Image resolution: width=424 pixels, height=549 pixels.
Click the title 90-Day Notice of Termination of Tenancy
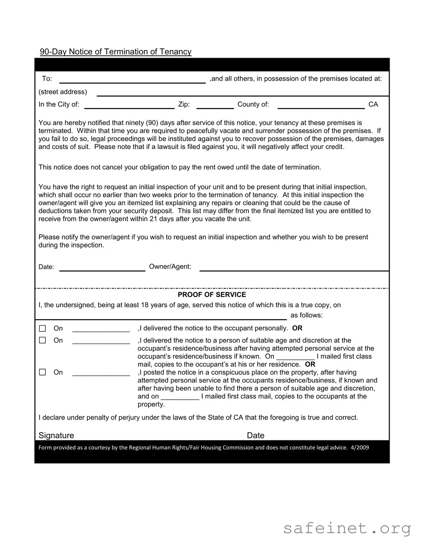[x=115, y=52]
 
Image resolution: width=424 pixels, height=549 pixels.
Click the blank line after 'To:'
[x=132, y=79]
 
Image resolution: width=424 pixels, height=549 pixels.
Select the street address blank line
[x=243, y=92]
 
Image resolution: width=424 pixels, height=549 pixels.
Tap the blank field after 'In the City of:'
[x=129, y=105]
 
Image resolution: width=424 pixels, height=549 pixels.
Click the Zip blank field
[x=215, y=105]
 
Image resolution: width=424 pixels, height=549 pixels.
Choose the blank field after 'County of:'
[x=321, y=105]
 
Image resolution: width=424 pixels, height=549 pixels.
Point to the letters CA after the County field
[x=373, y=105]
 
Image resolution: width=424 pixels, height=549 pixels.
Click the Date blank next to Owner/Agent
[x=102, y=267]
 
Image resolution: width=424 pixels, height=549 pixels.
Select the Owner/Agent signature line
[x=294, y=267]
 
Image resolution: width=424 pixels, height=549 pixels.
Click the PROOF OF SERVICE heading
[x=212, y=295]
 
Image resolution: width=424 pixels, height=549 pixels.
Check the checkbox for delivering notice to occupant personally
[x=43, y=329]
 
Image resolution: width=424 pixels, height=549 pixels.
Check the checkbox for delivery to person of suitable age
[x=43, y=340]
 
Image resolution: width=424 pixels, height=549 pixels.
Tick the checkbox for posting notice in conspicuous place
[x=43, y=372]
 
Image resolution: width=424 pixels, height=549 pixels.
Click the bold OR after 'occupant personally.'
[x=297, y=328]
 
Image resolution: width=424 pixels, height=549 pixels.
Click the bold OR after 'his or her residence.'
[x=310, y=364]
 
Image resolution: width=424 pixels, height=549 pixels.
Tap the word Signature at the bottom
[x=56, y=435]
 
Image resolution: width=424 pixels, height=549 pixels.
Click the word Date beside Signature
[x=255, y=435]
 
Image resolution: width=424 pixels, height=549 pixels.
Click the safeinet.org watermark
[x=347, y=528]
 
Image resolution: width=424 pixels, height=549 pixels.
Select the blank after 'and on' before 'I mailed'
[x=180, y=397]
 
